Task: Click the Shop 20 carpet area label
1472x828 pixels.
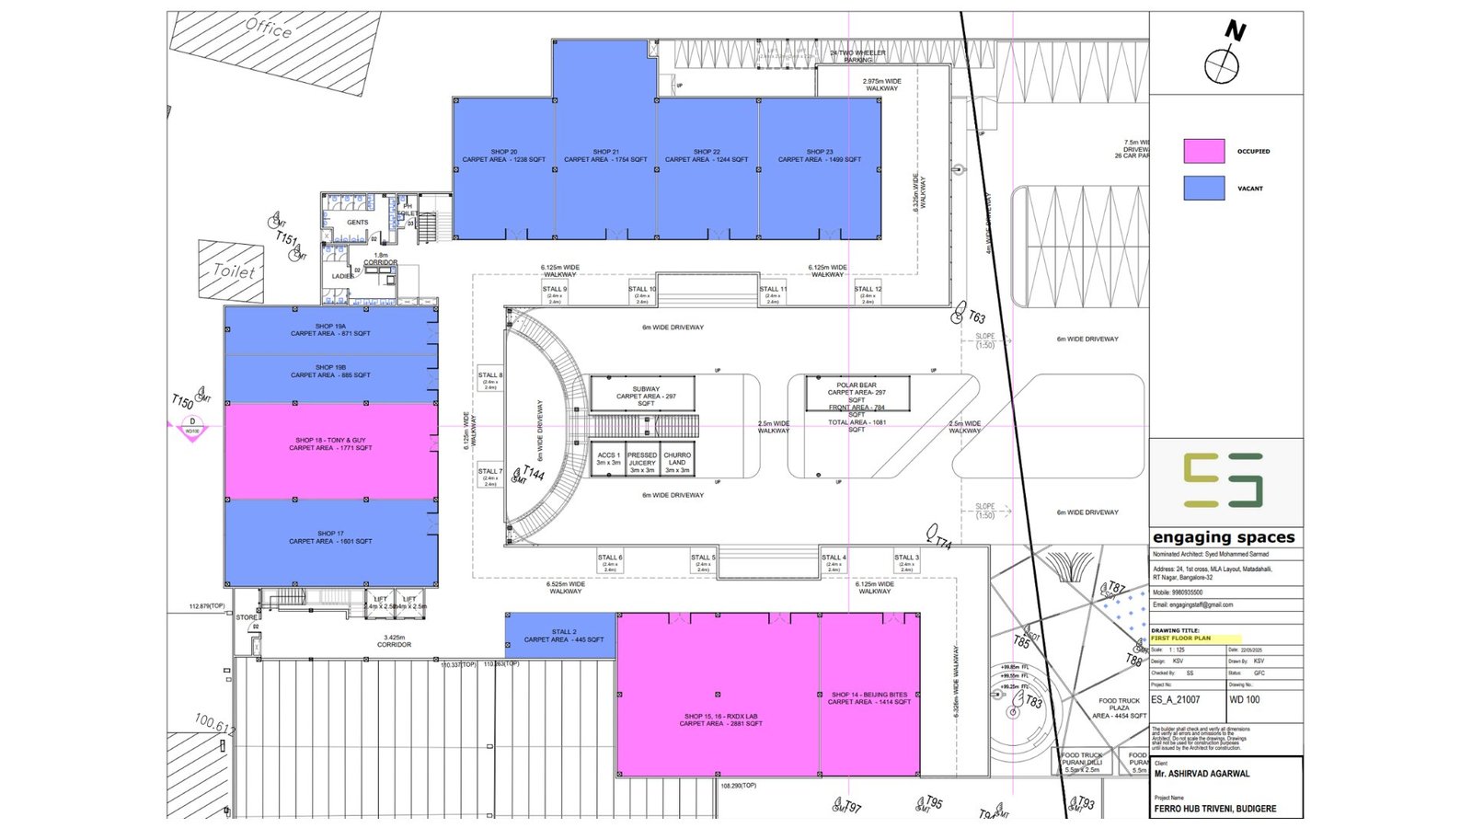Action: [503, 155]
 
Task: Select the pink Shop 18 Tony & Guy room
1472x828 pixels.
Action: [330, 450]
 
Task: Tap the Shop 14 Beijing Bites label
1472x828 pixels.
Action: [869, 698]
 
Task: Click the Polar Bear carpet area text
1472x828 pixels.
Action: [857, 392]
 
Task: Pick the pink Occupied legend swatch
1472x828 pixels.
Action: [1203, 151]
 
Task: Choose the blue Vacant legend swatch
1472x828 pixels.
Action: [1203, 188]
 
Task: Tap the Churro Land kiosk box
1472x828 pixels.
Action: [677, 462]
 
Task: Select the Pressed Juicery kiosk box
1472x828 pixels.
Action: [642, 462]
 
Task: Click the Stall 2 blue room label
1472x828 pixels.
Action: [564, 636]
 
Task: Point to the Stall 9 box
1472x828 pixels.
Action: [555, 294]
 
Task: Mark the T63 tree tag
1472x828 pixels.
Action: [975, 317]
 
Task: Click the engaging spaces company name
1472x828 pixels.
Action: [1224, 537]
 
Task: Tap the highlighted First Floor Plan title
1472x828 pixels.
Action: [1181, 638]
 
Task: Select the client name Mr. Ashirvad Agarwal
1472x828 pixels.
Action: [1202, 774]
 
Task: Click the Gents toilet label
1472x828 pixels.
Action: [358, 222]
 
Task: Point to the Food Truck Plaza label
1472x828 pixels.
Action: [1119, 707]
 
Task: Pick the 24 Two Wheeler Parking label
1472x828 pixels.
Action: [857, 55]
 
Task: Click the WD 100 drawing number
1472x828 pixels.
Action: [1245, 699]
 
